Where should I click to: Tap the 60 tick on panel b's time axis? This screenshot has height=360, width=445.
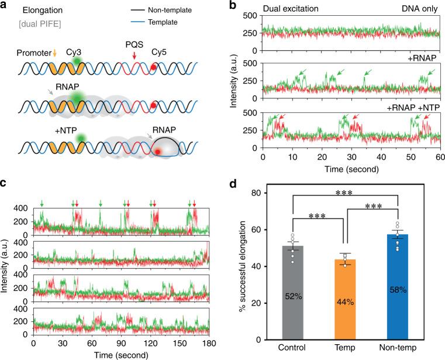pos(434,157)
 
